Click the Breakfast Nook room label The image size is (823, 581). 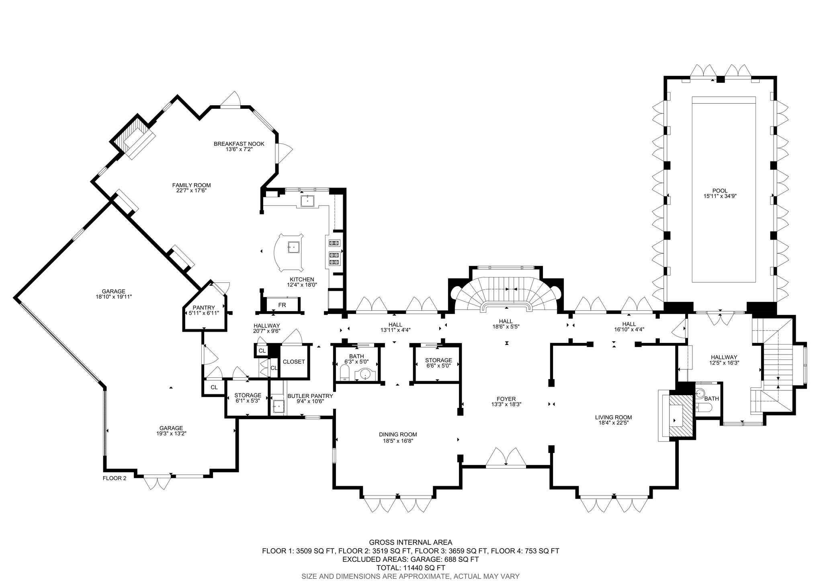[239, 144]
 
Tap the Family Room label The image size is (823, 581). [191, 185]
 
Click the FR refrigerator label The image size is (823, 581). [282, 305]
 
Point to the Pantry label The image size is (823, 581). [204, 308]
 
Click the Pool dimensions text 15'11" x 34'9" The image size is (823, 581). [720, 196]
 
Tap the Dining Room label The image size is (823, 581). [398, 434]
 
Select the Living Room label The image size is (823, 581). [614, 417]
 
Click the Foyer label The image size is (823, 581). [506, 399]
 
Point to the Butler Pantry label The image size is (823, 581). [310, 396]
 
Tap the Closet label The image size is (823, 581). [294, 362]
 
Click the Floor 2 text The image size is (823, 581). [115, 478]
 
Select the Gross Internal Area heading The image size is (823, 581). [411, 542]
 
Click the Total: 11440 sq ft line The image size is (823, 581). [411, 568]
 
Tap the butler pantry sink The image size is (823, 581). [278, 407]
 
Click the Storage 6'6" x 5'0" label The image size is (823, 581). [438, 361]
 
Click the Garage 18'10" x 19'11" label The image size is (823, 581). [113, 292]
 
